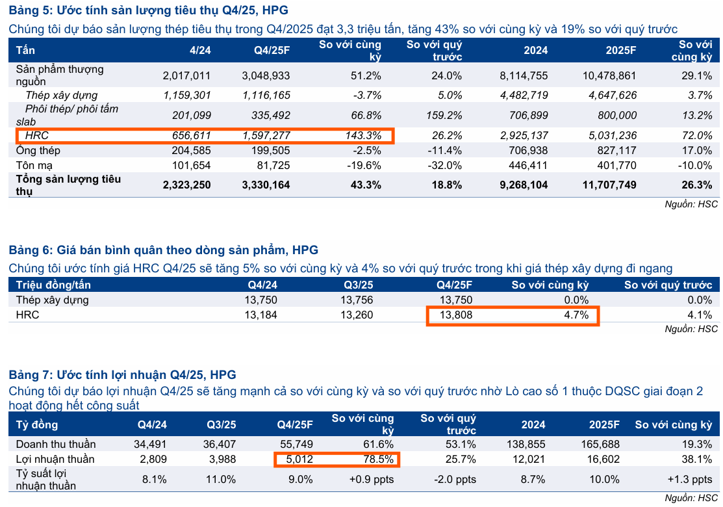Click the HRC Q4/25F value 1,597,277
[266, 136]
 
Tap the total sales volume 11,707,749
[609, 185]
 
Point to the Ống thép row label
[38, 150]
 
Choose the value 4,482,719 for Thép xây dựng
[524, 96]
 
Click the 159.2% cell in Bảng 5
[445, 115]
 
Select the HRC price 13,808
[456, 315]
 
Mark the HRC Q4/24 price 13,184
[260, 315]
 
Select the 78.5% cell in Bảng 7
[377, 460]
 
